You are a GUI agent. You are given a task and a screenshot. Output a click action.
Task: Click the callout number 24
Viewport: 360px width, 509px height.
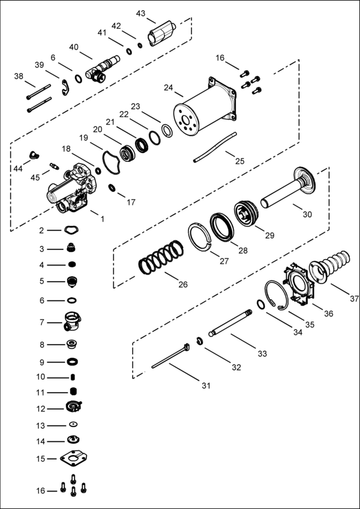168,88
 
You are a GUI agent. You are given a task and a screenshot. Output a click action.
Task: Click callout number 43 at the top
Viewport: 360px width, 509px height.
141,13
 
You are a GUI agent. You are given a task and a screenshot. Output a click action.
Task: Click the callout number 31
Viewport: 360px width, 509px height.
206,385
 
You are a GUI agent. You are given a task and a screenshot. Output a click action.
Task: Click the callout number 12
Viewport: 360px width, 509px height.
41,408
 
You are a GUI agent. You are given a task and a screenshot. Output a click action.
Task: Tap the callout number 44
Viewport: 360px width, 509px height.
19,169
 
